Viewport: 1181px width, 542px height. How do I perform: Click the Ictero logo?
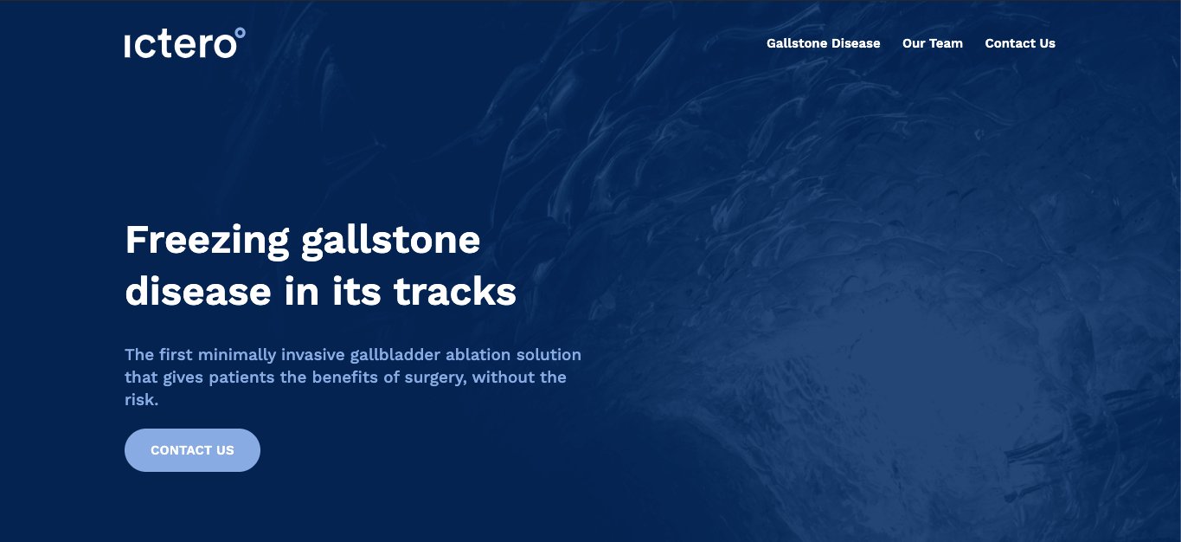[184, 42]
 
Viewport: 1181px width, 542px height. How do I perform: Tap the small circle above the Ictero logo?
[240, 33]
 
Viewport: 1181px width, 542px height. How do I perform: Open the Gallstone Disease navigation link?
[823, 43]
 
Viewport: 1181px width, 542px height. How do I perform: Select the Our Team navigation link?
[932, 43]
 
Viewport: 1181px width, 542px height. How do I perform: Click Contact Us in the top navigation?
[1020, 43]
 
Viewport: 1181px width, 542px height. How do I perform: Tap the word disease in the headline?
[198, 291]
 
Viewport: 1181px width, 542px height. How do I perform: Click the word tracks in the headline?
[455, 291]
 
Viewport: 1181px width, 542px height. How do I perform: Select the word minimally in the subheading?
[237, 355]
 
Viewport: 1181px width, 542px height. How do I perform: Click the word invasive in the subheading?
[312, 355]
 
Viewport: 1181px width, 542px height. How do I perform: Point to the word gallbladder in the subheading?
[395, 355]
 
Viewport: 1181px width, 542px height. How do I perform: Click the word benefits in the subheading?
[345, 377]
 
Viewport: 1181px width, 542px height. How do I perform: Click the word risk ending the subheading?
[141, 400]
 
